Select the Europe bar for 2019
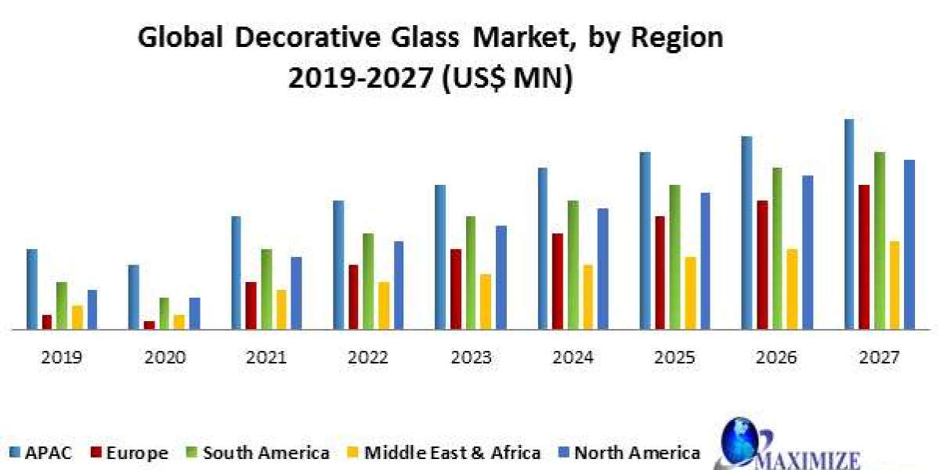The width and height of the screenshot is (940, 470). [47, 322]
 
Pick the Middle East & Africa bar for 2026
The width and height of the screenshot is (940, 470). [792, 289]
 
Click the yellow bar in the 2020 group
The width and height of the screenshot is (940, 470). [179, 322]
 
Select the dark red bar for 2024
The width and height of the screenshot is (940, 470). [557, 281]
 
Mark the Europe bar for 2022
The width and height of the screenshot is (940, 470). [353, 297]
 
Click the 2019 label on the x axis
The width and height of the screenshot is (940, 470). [62, 358]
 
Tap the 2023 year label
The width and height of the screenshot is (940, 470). [471, 358]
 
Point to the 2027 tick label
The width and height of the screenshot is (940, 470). [880, 358]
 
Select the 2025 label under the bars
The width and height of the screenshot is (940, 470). [675, 358]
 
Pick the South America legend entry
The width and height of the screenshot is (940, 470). [258, 452]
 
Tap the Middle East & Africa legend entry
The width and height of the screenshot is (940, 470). [445, 452]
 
